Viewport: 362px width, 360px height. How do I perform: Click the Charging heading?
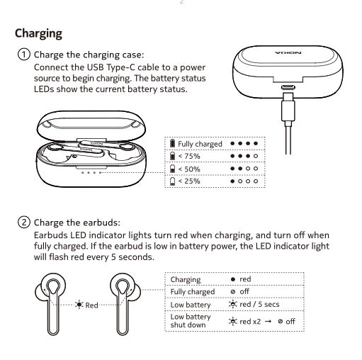pyautogui.click(x=38, y=34)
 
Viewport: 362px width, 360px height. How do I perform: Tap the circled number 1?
pyautogui.click(x=24, y=55)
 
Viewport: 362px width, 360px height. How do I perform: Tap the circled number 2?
pyautogui.click(x=24, y=223)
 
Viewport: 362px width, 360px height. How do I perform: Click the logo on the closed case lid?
pyautogui.click(x=288, y=52)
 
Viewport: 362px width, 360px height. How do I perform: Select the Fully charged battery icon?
pyautogui.click(x=173, y=143)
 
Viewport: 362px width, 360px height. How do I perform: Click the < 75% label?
pyautogui.click(x=189, y=156)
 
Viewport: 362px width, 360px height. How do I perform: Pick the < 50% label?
pyautogui.click(x=189, y=169)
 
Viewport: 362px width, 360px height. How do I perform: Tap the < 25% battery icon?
pyautogui.click(x=173, y=181)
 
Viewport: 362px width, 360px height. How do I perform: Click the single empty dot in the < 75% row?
pyautogui.click(x=256, y=156)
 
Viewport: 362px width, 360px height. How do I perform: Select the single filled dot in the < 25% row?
pyautogui.click(x=232, y=181)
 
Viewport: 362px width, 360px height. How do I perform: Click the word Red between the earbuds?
pyautogui.click(x=91, y=305)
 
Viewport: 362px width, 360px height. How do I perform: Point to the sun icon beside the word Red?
pyautogui.click(x=79, y=305)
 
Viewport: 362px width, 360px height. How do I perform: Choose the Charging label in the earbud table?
pyautogui.click(x=186, y=279)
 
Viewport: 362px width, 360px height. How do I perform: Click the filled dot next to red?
pyautogui.click(x=233, y=279)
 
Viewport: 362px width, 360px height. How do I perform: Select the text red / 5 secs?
pyautogui.click(x=259, y=304)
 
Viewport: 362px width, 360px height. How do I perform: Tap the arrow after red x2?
pyautogui.click(x=268, y=321)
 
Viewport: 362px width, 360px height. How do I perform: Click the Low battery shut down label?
pyautogui.click(x=191, y=320)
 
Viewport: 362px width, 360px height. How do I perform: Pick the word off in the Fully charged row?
pyautogui.click(x=244, y=291)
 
